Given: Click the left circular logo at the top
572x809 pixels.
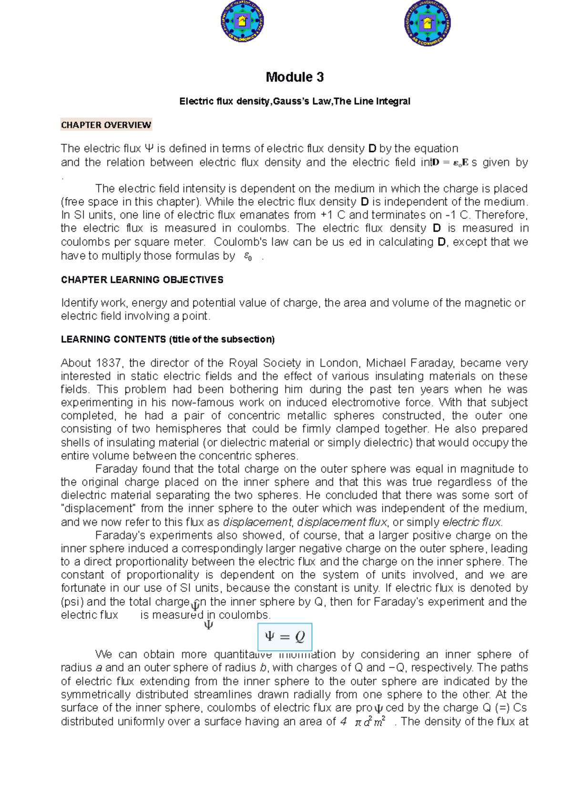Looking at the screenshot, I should tap(242, 21).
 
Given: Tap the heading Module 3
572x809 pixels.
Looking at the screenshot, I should tap(295, 77).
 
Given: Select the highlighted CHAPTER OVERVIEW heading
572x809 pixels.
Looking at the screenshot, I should tap(106, 125).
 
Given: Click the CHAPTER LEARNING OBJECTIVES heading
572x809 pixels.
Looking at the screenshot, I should tap(142, 280).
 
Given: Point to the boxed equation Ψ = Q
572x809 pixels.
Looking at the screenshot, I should tap(285, 637).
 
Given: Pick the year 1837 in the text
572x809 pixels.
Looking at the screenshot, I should tap(108, 363).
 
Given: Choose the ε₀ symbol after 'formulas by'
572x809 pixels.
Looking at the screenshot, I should tap(247, 256).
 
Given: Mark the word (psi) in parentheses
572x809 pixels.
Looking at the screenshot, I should tap(72, 602).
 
